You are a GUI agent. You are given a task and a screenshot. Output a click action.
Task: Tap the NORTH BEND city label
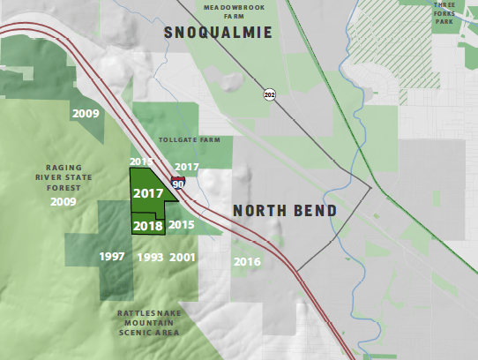[x=285, y=212]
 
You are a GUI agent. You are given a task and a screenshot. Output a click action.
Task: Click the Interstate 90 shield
[x=178, y=184]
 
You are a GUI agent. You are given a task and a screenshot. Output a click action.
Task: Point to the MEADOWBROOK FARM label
[x=234, y=11]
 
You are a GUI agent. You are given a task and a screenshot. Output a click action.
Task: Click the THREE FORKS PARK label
[x=444, y=12]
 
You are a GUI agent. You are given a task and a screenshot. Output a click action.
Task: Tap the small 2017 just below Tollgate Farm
[x=187, y=167]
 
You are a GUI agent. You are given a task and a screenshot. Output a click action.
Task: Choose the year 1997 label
[x=112, y=257]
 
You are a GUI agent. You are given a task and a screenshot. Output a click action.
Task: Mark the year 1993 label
[x=151, y=257]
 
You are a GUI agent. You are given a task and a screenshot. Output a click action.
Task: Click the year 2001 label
[x=182, y=257]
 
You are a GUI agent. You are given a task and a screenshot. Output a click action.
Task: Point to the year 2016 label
[x=247, y=262]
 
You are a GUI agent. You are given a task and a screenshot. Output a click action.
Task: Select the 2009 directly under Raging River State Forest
[x=63, y=202]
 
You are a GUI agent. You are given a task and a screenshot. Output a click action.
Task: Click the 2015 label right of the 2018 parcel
[x=182, y=225]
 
